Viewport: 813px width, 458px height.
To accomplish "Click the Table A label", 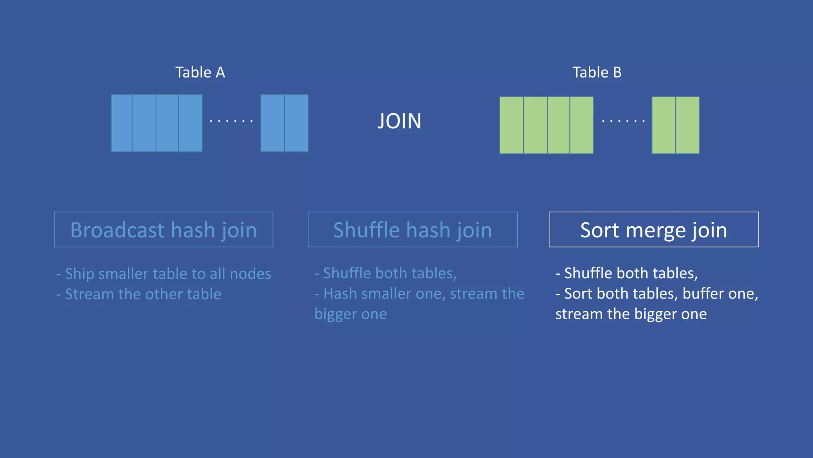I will coord(200,72).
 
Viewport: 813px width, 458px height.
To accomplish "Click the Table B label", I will coord(597,72).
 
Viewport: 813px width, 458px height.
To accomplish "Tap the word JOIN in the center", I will coord(399,121).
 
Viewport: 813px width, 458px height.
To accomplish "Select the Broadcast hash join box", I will coord(164,230).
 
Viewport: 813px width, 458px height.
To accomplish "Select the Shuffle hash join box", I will coord(412,230).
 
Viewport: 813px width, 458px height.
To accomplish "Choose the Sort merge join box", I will coord(653,230).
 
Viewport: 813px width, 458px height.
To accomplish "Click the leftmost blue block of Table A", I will coord(122,123).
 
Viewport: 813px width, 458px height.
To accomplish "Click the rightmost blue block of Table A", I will coord(296,123).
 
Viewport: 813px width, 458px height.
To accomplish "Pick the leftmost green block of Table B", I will coord(511,125).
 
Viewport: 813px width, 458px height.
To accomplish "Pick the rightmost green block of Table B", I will coord(688,125).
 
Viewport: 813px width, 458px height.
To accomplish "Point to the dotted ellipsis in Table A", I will coord(231,121).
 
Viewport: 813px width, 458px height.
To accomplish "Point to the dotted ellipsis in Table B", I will coord(623,121).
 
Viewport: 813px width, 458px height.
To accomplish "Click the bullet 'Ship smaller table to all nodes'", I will coord(164,274).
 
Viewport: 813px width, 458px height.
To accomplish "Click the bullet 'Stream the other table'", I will coord(139,294).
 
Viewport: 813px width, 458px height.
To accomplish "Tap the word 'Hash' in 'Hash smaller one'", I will coord(340,294).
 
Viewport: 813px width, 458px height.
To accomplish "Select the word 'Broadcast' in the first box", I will coord(118,230).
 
